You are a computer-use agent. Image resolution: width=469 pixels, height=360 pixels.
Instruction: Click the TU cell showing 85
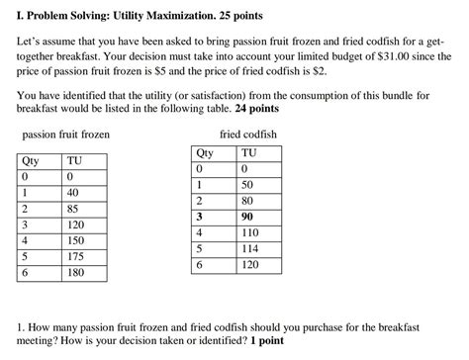(74, 209)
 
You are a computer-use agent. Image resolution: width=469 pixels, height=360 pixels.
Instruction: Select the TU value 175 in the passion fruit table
(77, 256)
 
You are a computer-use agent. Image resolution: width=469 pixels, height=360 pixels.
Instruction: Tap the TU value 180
(77, 272)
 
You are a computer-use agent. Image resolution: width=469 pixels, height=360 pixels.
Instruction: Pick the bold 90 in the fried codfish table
(247, 218)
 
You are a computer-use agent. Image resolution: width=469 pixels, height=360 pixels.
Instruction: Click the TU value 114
(250, 249)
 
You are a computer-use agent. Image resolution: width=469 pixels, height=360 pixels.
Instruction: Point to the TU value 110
(250, 233)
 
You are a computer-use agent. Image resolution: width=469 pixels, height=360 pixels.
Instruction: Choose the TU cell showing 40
(74, 193)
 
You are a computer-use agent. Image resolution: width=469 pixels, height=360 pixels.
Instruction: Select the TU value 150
(77, 240)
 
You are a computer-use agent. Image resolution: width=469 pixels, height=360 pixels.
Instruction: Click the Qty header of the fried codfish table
(205, 153)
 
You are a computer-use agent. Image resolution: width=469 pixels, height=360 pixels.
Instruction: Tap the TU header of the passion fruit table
(73, 161)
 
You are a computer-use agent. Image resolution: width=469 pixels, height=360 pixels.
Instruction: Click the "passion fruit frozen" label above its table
(65, 134)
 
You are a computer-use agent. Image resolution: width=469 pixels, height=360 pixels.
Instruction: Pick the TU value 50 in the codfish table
(247, 186)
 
